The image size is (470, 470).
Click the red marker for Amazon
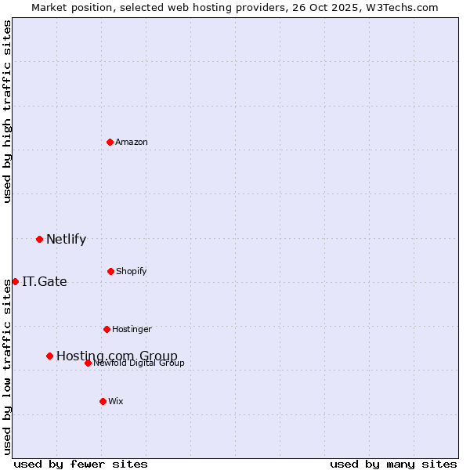tap(110, 142)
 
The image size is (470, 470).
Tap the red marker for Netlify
tap(39, 239)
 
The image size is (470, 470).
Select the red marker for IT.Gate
tap(15, 281)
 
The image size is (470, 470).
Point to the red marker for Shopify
tap(110, 271)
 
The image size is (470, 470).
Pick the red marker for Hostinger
tap(107, 329)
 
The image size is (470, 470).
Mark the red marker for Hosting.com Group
tap(49, 356)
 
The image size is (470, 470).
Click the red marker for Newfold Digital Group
tap(88, 363)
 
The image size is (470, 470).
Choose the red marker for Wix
tap(103, 401)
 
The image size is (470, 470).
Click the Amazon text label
tap(132, 142)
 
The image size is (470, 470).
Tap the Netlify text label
tap(66, 240)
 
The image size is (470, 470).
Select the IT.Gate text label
tap(45, 282)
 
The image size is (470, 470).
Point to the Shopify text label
tap(132, 271)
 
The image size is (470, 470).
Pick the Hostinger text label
tap(132, 329)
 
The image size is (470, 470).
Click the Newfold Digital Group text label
tap(139, 363)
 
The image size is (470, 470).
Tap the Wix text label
tap(116, 401)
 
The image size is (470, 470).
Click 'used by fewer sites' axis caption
tap(81, 464)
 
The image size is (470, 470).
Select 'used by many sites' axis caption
tap(393, 464)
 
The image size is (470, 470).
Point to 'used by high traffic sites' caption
tap(8, 111)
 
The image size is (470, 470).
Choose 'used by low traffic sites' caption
tap(8, 366)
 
